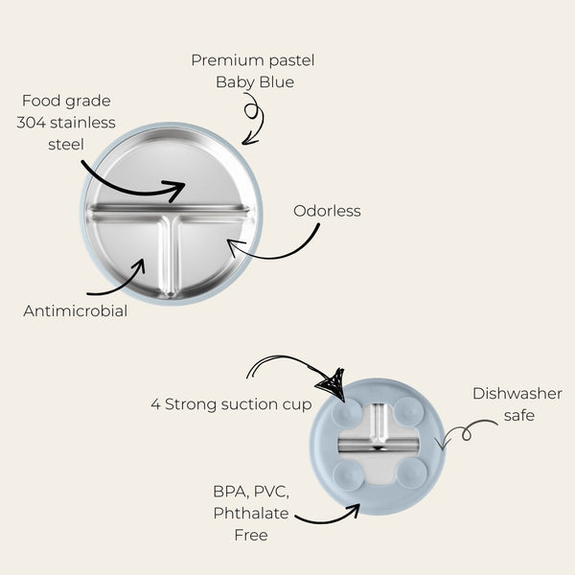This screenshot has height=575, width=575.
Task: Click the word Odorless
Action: (327, 211)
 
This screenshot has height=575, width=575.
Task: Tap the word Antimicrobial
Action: (75, 310)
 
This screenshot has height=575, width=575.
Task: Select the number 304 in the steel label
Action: (32, 123)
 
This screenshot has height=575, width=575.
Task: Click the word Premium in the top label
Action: (228, 60)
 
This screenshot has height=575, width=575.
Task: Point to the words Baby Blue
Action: (255, 82)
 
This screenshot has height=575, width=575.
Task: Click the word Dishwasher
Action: (517, 394)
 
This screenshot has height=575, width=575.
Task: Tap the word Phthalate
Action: (251, 513)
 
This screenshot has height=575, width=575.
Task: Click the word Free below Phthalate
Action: (251, 535)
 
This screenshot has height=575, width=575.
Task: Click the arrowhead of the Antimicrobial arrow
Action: (140, 264)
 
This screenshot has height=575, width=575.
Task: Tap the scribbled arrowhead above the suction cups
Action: (333, 385)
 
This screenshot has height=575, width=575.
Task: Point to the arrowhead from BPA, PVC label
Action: (355, 509)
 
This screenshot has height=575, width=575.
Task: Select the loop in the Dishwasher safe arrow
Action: (466, 434)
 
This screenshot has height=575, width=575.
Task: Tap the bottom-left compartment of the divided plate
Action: (128, 253)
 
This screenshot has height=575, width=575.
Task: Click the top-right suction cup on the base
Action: (409, 411)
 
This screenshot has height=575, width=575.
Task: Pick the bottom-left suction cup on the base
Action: (349, 476)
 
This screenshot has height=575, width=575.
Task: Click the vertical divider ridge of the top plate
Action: (170, 255)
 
